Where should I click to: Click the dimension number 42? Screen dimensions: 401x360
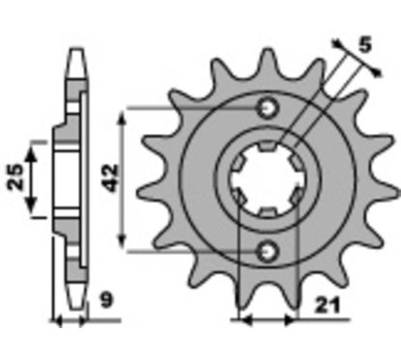point(110,178)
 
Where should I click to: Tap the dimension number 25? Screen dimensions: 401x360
point(15,177)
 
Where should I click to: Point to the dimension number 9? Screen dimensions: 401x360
point(106,301)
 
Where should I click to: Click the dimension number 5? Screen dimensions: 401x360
point(365,44)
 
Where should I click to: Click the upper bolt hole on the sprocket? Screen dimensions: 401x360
point(268,108)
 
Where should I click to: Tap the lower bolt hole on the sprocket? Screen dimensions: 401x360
point(268,250)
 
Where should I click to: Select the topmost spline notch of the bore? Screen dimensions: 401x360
point(268,146)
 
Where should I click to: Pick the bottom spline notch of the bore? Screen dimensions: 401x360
point(268,212)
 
